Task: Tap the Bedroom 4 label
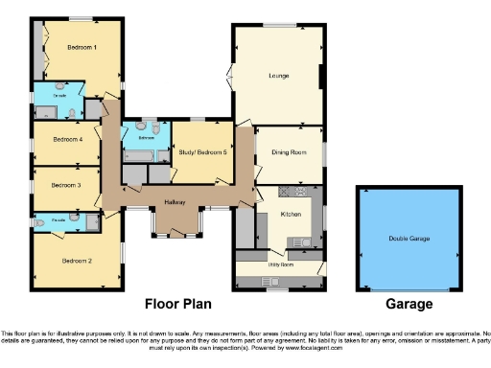[x=66, y=140]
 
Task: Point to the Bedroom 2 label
[x=76, y=260]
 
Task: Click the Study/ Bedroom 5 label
[x=202, y=152]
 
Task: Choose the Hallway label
[x=175, y=201]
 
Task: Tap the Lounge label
[x=278, y=75]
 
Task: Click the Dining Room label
[x=290, y=152]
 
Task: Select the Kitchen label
[x=292, y=216]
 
